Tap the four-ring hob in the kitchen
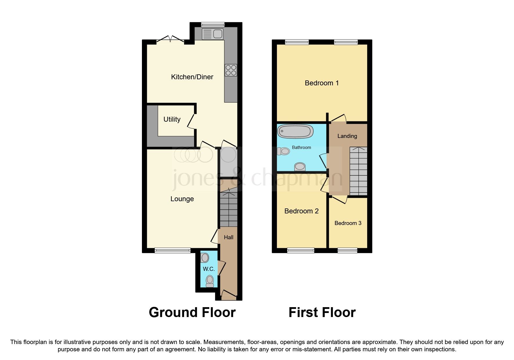[x=231, y=70]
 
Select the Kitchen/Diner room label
[x=192, y=77]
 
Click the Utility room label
[x=172, y=119]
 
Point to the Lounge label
[x=182, y=199]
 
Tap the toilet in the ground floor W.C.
[x=210, y=281]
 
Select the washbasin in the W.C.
[x=205, y=258]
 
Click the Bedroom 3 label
[x=348, y=223]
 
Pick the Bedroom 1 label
[x=322, y=83]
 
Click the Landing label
[x=347, y=136]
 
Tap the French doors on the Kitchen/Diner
[x=170, y=40]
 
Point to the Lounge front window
[x=172, y=250]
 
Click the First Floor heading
[x=322, y=313]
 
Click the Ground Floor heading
[x=192, y=313]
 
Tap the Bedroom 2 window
[x=301, y=250]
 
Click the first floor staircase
[x=358, y=171]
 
